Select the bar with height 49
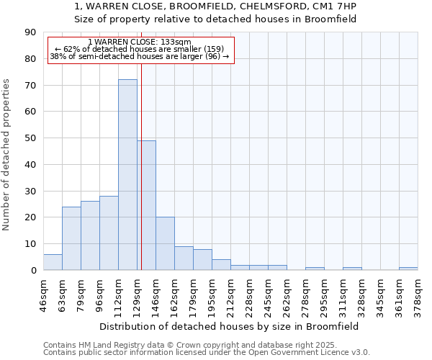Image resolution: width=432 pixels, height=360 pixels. pos(146,205)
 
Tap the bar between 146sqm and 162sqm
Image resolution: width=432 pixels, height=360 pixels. pos(165,243)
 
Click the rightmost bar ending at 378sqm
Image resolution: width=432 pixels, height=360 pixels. pos(408,269)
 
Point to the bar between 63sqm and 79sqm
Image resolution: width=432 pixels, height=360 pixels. pos(71,238)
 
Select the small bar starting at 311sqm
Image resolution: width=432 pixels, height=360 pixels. pos(352,269)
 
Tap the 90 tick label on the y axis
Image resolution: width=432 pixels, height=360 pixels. pos(30,32)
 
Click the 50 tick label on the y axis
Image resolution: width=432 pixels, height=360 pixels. pos(30,138)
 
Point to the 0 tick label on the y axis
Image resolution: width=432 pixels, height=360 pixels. pos(33,270)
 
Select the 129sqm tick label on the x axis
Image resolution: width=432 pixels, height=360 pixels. pos(137,294)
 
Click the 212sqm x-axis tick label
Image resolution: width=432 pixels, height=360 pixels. pos(230,294)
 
